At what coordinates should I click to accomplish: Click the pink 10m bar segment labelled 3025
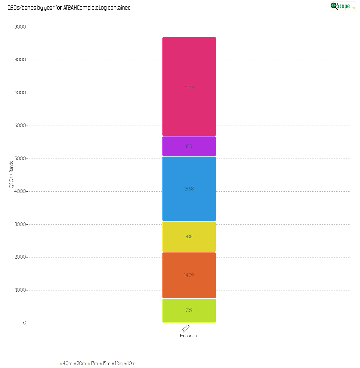tap(189, 87)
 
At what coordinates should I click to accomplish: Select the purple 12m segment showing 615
tap(189, 146)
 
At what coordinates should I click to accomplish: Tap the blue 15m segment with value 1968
tap(189, 189)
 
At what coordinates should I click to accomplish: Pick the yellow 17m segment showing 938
tap(189, 236)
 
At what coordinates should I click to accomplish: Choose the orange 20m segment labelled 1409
tap(189, 275)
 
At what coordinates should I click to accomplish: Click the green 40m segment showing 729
tap(189, 310)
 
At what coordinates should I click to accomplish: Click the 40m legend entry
tap(66, 363)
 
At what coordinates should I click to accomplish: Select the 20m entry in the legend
tap(80, 363)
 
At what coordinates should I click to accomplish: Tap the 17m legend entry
tap(93, 363)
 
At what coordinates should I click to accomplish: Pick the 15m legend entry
tap(105, 363)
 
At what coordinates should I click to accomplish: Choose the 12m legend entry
tap(118, 363)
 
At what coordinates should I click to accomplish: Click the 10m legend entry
tap(130, 363)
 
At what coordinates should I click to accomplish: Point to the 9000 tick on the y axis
tap(20, 27)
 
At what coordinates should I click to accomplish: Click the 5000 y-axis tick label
tap(20, 159)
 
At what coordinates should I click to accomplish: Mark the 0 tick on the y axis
tap(25, 323)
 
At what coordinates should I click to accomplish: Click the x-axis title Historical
tap(189, 336)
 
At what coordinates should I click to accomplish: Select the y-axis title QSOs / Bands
tap(11, 175)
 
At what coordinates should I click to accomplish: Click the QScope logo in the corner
tap(343, 6)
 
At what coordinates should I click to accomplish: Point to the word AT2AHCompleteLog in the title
tap(85, 8)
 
